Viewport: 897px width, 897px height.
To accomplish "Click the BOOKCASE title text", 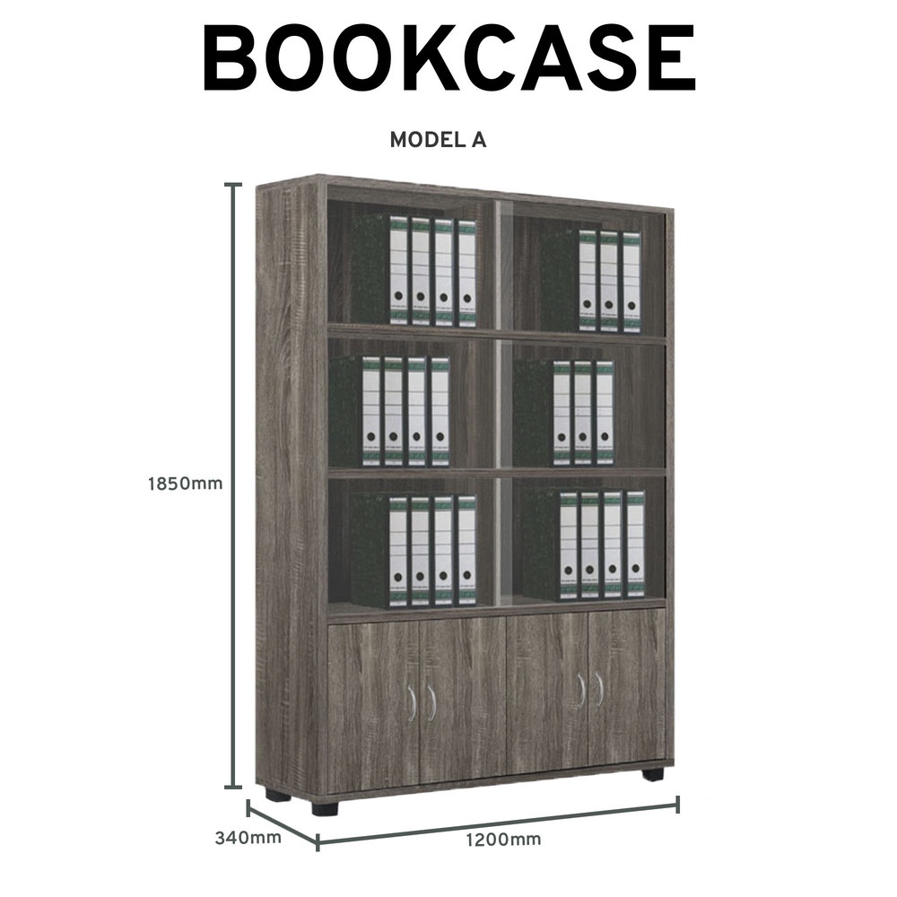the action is point(449,58).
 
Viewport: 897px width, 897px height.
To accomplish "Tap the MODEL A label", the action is point(439,140).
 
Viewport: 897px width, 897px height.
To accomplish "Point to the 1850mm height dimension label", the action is point(186,484).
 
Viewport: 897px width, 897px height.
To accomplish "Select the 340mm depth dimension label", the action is point(248,838).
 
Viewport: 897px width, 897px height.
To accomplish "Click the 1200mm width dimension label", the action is point(503,840).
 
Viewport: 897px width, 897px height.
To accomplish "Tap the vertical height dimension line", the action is point(232,485).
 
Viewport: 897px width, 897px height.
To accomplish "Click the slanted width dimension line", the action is point(498,823).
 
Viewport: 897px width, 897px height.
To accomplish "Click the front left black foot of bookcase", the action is point(325,806).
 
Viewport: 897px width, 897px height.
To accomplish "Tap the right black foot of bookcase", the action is point(653,774).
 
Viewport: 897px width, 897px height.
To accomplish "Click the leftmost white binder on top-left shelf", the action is point(399,271).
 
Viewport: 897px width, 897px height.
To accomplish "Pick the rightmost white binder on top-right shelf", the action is point(631,282).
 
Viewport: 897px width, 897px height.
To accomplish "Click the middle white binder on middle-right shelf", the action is point(582,413).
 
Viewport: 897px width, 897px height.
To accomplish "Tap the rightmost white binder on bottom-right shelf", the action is point(635,544).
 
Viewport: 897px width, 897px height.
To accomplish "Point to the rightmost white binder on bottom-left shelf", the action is point(466,551).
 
